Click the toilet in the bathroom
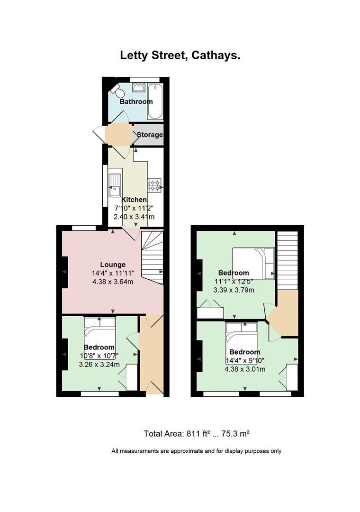tap(117, 91)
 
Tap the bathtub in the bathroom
tap(155, 101)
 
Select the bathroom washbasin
tap(139, 88)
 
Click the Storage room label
tap(150, 135)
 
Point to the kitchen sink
tap(115, 185)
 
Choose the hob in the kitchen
tap(154, 185)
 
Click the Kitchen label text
tap(134, 200)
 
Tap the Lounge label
tap(113, 265)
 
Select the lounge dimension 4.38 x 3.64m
tap(113, 282)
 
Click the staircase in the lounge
tap(152, 258)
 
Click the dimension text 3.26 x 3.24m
tap(99, 365)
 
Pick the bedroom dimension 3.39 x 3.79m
tap(234, 290)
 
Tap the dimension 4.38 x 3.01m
tap(245, 369)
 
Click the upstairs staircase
tap(287, 260)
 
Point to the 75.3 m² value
tap(235, 434)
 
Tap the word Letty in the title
tap(135, 55)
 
